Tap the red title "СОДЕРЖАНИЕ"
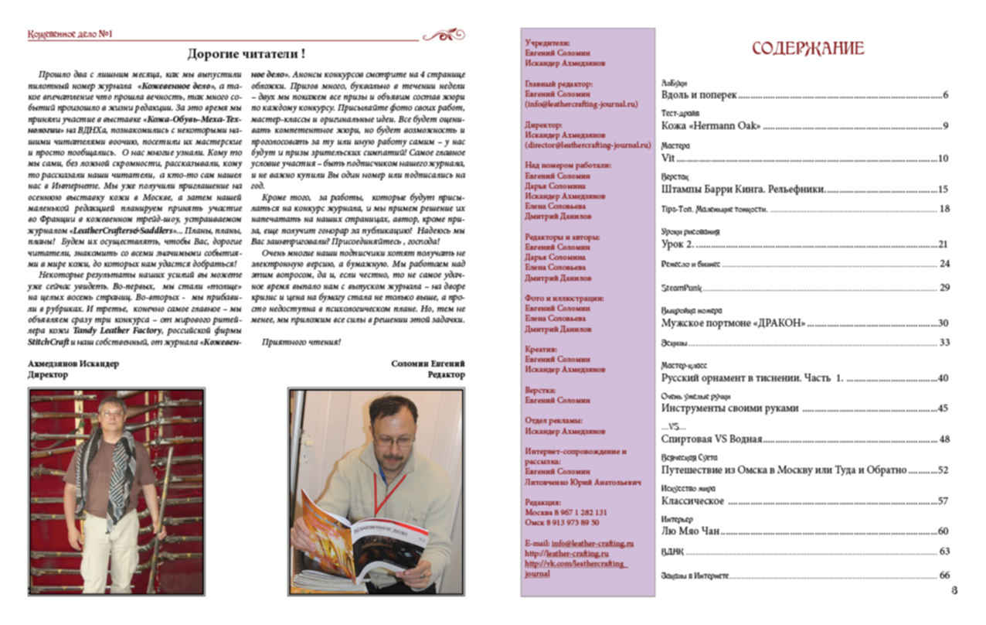tap(807, 49)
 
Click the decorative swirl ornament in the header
tap(444, 35)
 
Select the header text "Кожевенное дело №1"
tap(70, 35)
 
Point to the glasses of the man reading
tap(393, 439)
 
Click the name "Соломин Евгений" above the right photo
tap(428, 363)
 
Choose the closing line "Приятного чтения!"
tap(301, 341)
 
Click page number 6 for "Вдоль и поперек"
tap(945, 96)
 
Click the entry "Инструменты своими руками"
tap(730, 408)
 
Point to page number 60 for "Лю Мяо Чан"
tap(943, 531)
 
